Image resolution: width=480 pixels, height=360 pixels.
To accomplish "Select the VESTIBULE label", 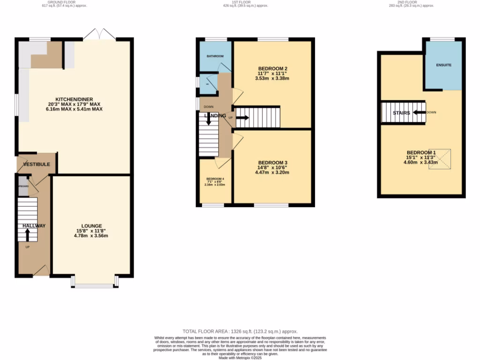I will click(x=37, y=165).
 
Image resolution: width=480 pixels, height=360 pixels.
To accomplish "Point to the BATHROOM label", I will click(x=215, y=56).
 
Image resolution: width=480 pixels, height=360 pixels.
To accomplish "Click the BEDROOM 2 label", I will click(x=272, y=68).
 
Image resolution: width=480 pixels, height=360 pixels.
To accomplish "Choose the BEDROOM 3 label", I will click(x=272, y=163).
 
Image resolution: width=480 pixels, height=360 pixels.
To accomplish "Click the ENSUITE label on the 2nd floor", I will click(x=444, y=65).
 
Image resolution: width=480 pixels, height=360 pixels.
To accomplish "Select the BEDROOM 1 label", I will click(x=421, y=153).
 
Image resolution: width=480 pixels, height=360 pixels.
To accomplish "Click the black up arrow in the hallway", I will click(x=27, y=234).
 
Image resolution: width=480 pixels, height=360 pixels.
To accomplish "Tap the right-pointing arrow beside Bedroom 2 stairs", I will click(x=243, y=118).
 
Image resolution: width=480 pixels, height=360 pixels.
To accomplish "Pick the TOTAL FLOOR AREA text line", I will click(x=240, y=331).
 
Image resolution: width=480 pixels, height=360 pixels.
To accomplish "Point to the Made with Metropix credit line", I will click(x=240, y=358).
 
